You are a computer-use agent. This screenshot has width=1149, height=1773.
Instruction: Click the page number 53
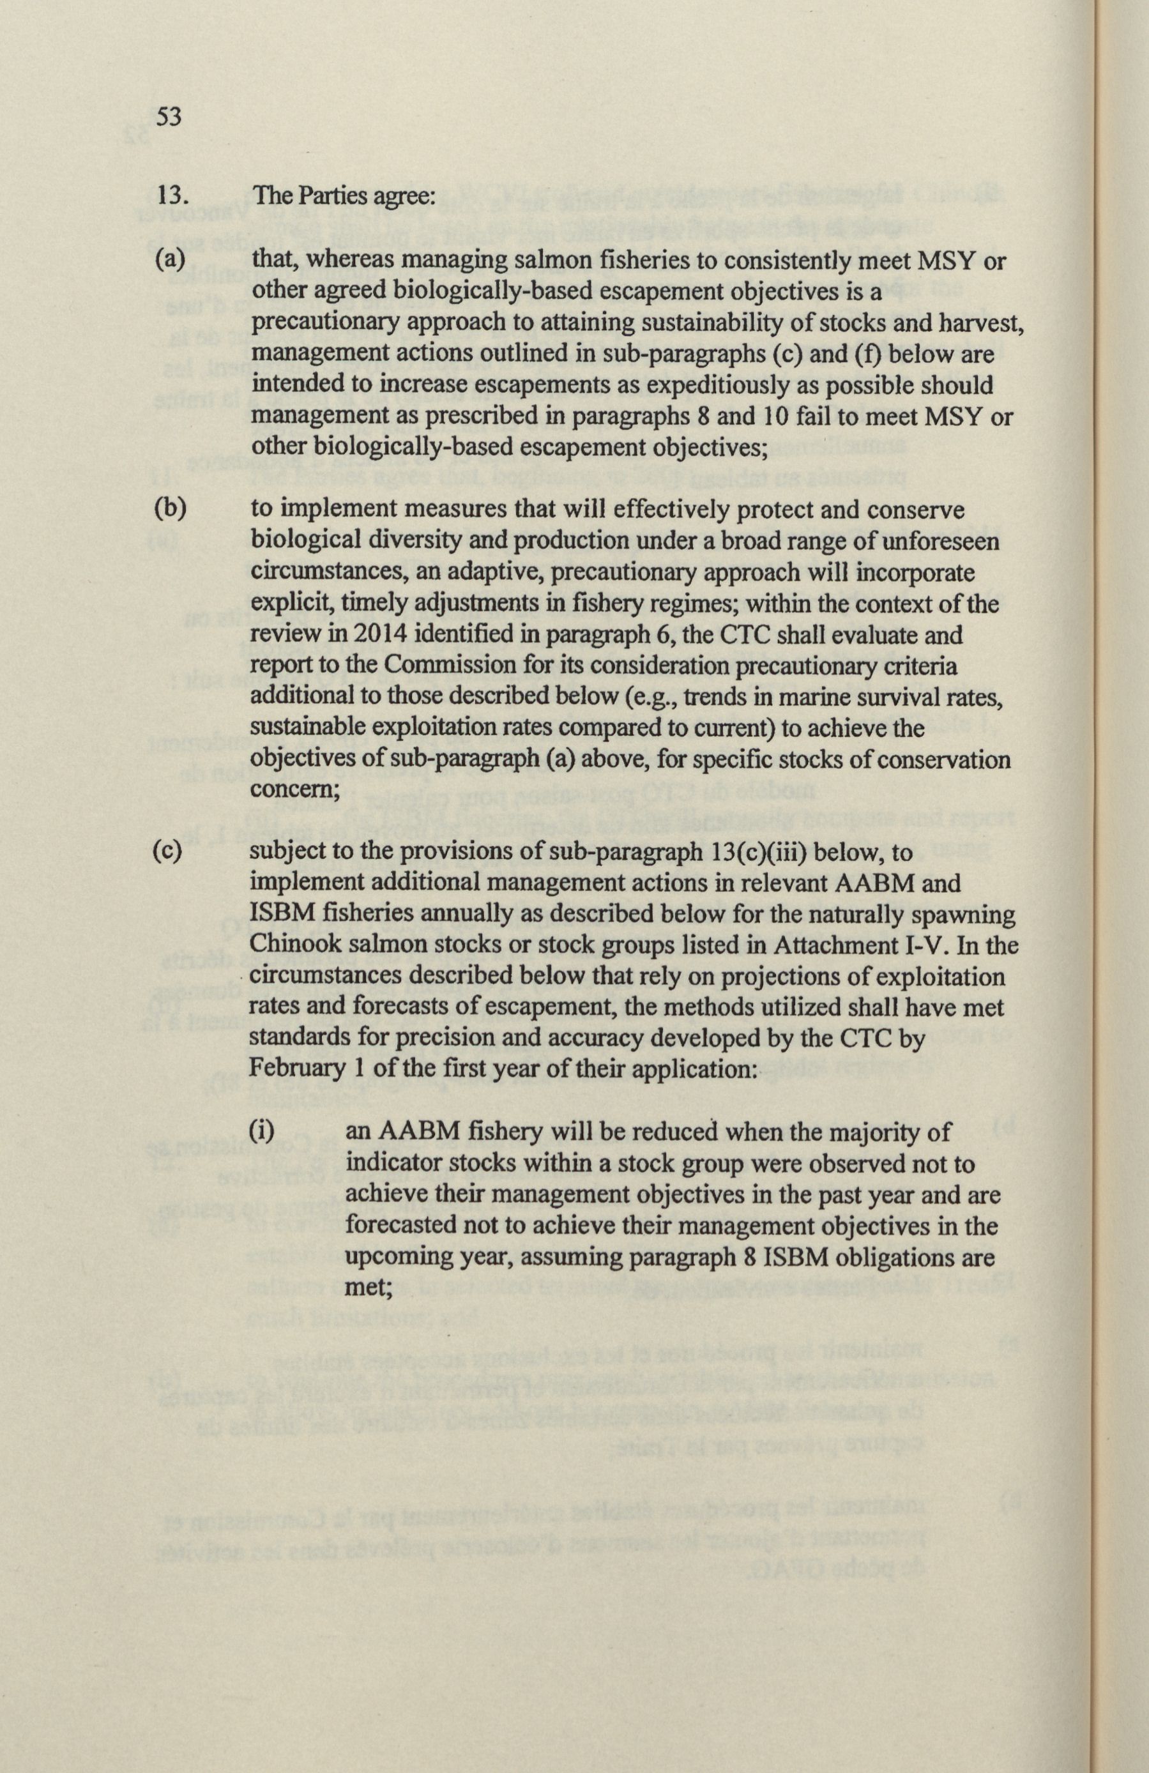point(169,117)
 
